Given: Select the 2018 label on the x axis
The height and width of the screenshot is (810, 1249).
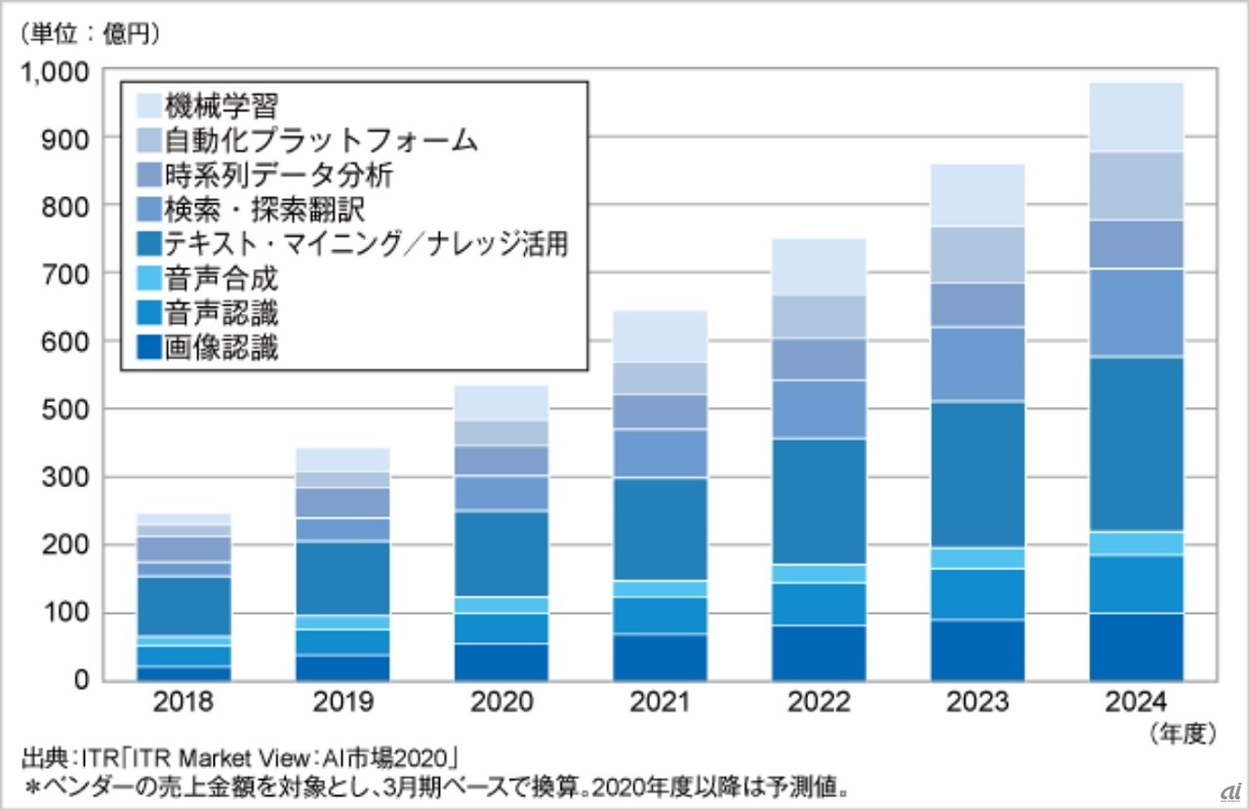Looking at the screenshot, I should point(183,702).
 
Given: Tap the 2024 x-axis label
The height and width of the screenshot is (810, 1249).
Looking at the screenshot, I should point(1136,702).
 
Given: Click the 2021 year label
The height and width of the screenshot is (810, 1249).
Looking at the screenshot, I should point(660,702).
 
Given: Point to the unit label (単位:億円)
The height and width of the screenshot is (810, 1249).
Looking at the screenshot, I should point(87,33).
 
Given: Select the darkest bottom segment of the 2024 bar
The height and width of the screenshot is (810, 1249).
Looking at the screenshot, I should point(1136,646).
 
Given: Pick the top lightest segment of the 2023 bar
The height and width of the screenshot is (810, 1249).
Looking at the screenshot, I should point(978,195).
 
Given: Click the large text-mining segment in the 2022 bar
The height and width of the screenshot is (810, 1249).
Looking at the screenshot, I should point(819,501).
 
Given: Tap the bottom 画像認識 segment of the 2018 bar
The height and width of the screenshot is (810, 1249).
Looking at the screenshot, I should point(183,672).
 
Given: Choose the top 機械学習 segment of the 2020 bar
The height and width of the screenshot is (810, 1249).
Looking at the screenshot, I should point(501,403).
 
